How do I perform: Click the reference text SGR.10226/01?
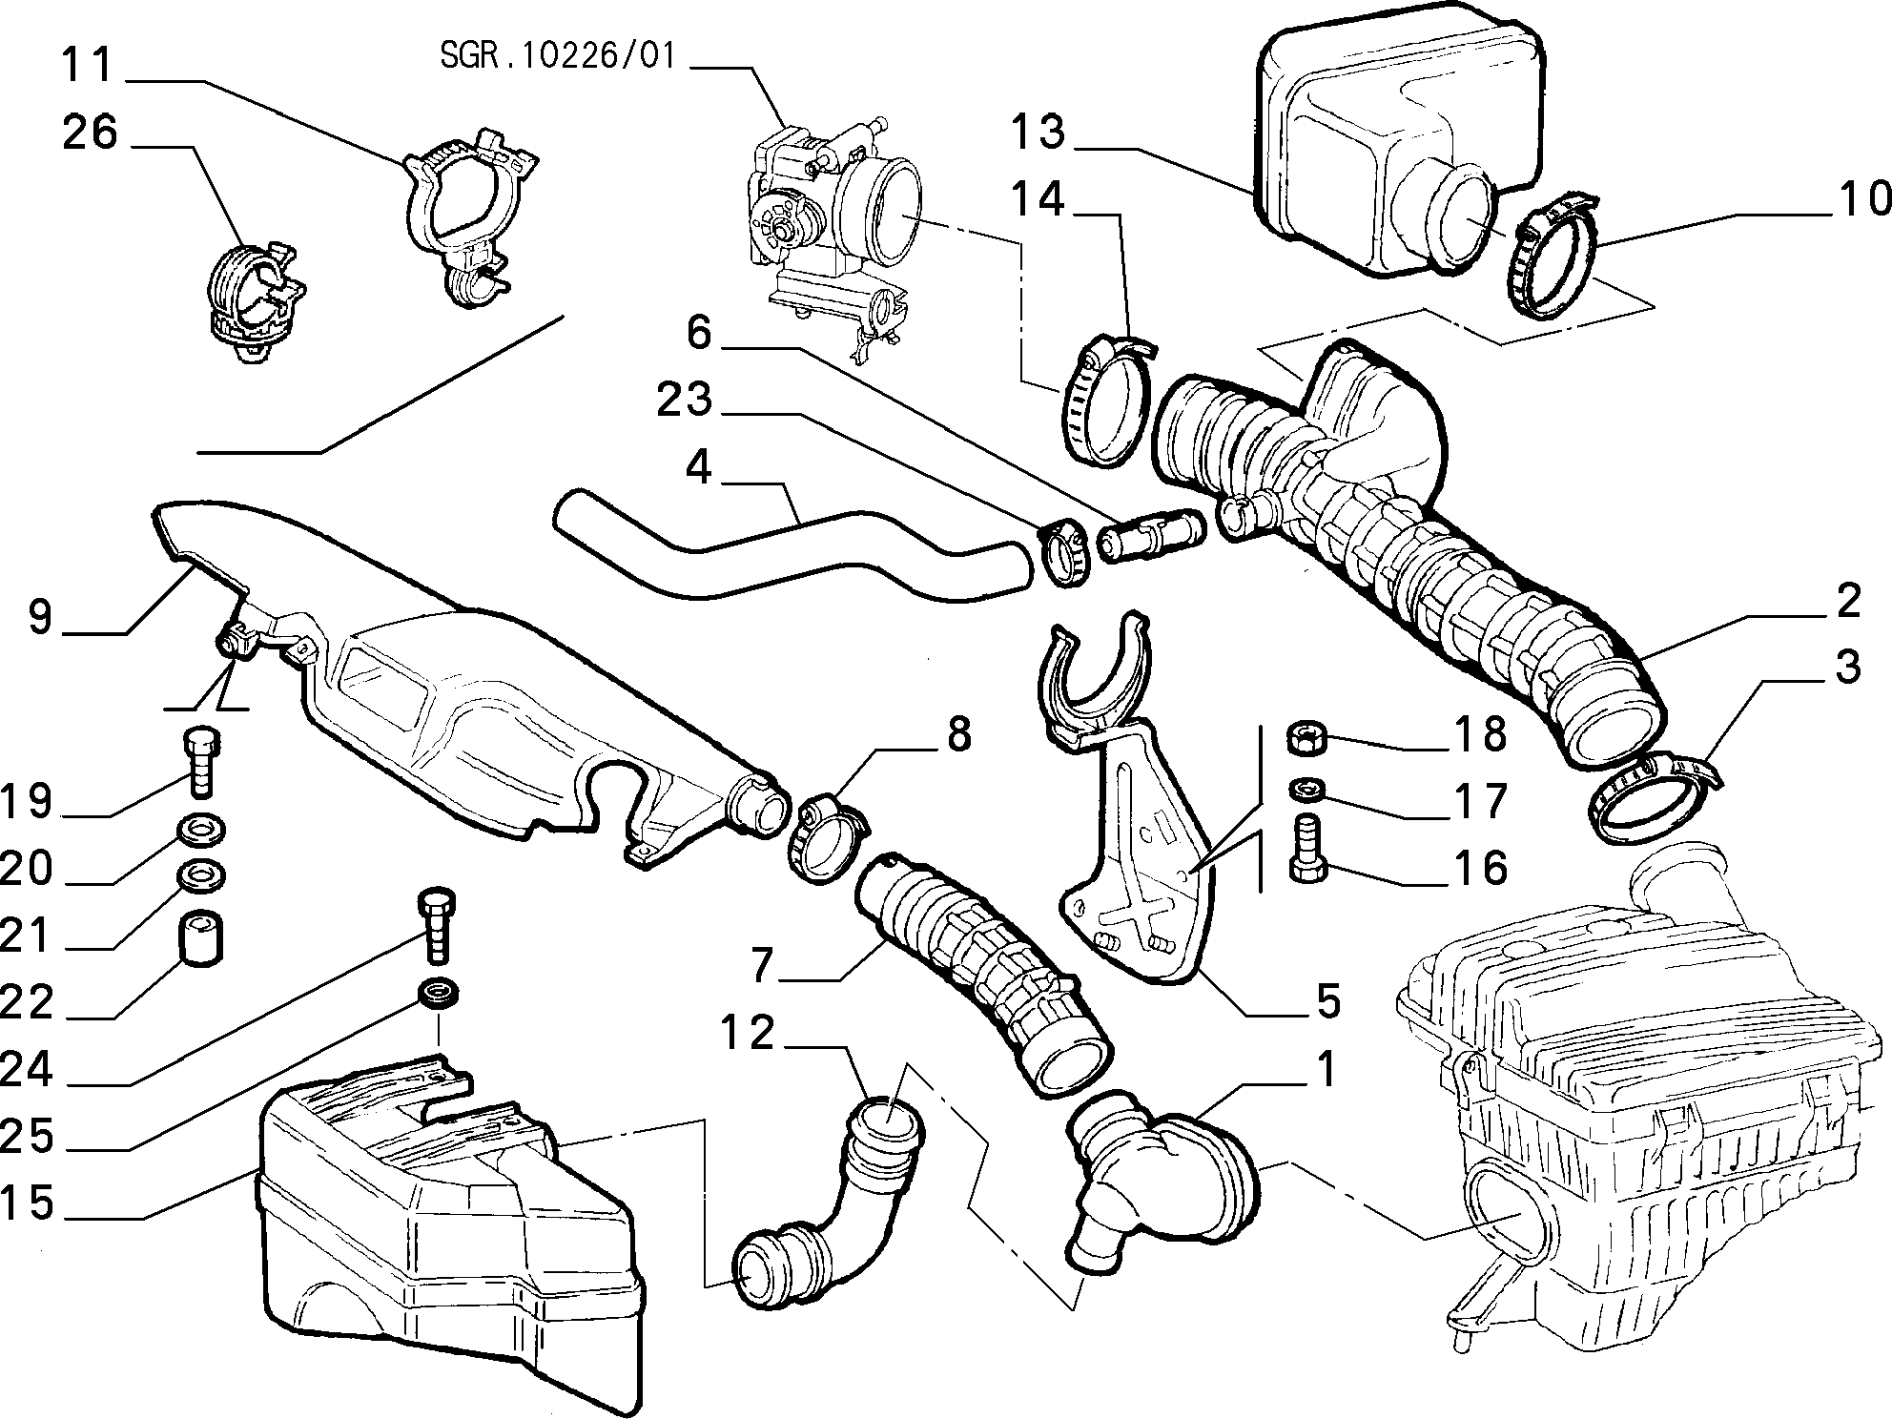[558, 56]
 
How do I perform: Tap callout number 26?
[90, 133]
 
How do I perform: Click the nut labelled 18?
[1303, 737]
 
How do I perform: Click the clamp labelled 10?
[1556, 259]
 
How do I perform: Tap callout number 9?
[40, 616]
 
